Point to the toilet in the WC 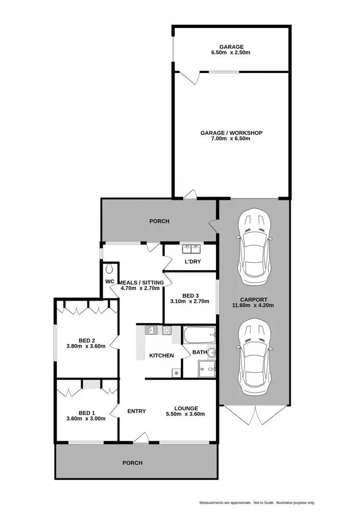tap(109, 268)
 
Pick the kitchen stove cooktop tap(167, 330)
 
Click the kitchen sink tap(151, 330)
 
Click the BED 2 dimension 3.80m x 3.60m tap(85, 346)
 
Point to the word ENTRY tap(136, 411)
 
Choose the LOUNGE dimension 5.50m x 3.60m tap(185, 415)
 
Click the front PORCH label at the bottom tap(132, 463)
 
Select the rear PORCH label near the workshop tap(159, 221)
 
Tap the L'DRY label tap(192, 262)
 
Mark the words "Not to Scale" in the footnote tap(264, 503)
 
